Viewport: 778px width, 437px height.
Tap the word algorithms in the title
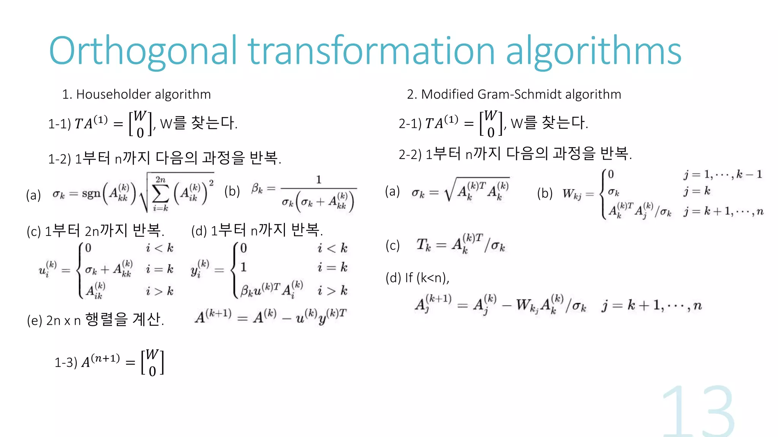(x=593, y=51)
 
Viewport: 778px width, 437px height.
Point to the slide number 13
(x=698, y=412)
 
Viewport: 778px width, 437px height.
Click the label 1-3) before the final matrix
(x=66, y=362)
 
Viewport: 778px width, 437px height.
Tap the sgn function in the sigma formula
(x=91, y=194)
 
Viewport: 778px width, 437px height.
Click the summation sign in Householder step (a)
(x=160, y=194)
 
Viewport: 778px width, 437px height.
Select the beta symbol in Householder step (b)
(x=257, y=188)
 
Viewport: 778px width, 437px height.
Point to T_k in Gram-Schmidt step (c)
(x=424, y=245)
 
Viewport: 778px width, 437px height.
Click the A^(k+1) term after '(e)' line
(x=213, y=316)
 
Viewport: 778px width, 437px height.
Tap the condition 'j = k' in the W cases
(x=697, y=191)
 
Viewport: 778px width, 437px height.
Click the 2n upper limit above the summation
(x=160, y=179)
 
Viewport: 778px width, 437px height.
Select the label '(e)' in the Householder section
(x=34, y=321)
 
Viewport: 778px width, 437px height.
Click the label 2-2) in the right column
(x=410, y=154)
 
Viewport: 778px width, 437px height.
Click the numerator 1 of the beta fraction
(x=318, y=179)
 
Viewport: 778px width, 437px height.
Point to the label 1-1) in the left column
(x=59, y=124)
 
